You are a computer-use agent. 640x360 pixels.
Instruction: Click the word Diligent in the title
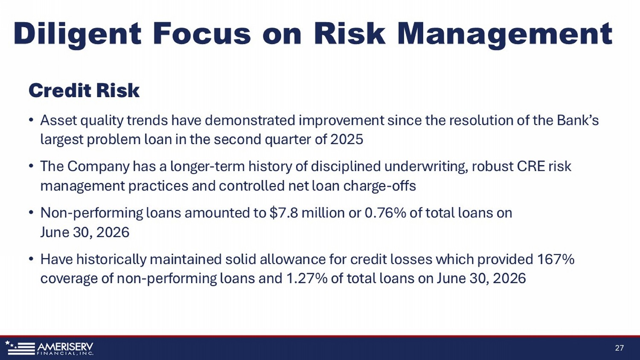[77, 34]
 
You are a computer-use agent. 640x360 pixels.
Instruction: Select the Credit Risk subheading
[84, 90]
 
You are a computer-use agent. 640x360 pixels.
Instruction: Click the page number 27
[620, 348]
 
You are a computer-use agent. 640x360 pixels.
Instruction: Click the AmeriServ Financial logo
[49, 348]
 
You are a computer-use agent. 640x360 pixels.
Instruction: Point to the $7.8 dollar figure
[284, 213]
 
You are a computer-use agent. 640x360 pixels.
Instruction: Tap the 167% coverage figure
[556, 259]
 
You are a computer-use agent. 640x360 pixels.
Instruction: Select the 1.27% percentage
[306, 278]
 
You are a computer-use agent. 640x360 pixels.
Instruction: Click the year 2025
[346, 139]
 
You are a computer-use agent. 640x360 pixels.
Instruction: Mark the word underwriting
[426, 167]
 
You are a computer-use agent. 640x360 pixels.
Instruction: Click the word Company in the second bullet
[98, 167]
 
